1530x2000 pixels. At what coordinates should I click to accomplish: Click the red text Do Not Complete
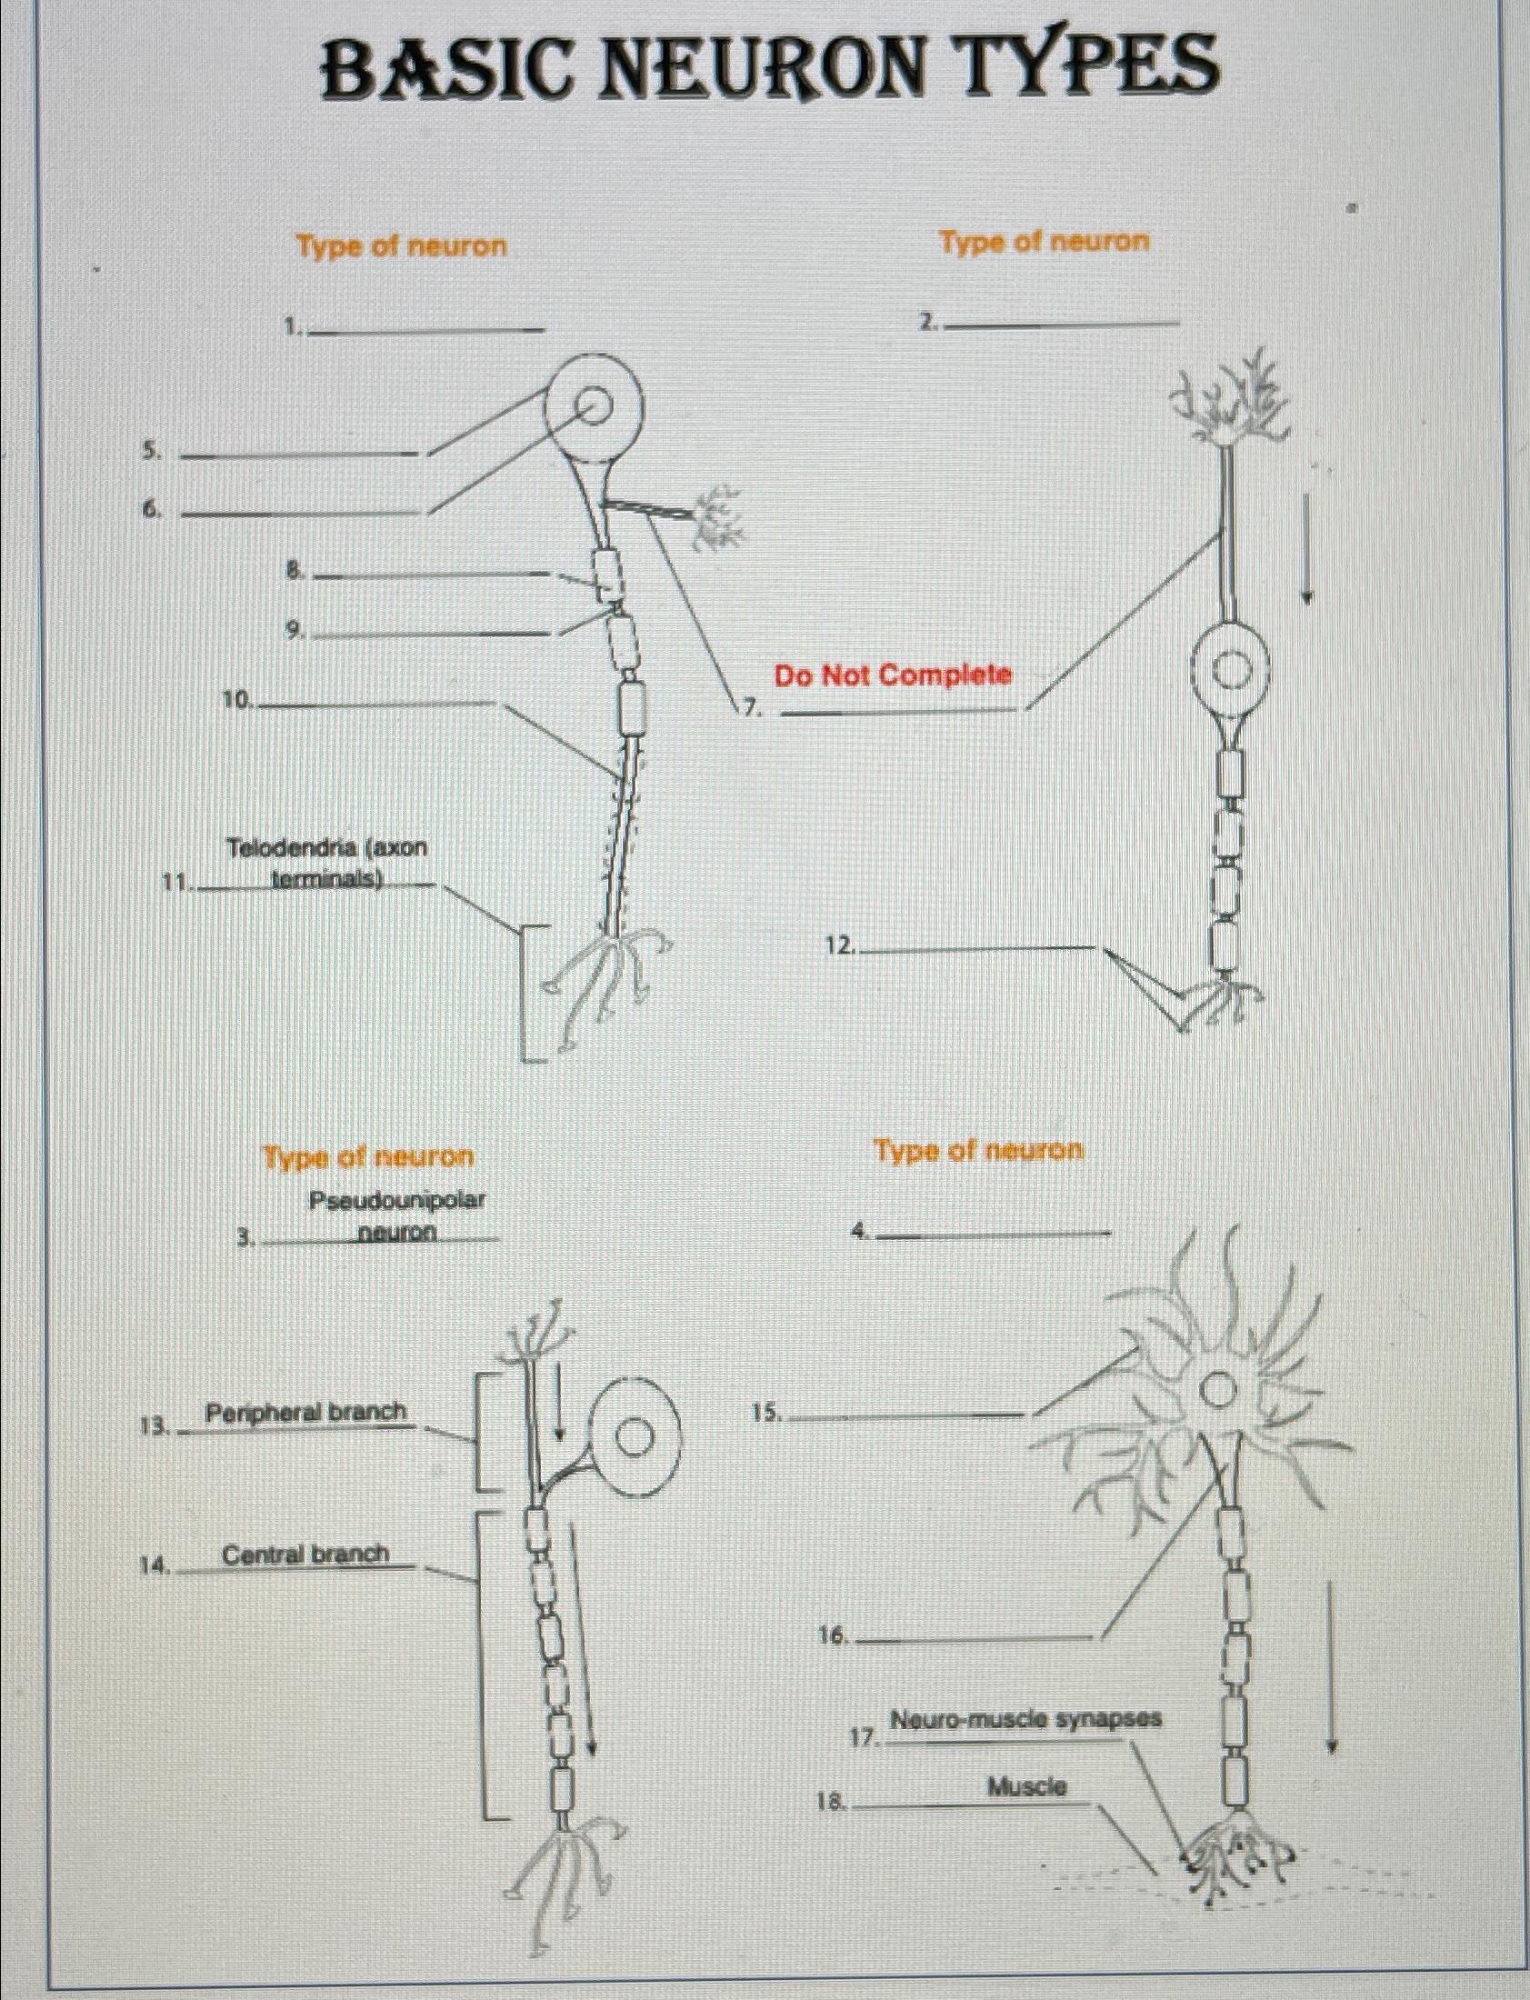893,675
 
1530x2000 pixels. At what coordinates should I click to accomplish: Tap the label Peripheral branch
306,1413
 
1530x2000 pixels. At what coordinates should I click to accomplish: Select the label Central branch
306,1554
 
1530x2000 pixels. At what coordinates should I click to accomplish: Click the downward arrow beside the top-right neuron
1307,548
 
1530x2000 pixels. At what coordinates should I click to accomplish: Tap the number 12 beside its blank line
839,947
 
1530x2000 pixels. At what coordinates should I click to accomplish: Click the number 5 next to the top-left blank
151,451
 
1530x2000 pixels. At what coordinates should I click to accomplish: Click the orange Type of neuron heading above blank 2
1045,242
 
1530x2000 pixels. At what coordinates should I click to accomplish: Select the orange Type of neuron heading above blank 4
979,1150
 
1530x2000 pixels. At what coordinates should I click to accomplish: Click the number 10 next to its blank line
236,699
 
